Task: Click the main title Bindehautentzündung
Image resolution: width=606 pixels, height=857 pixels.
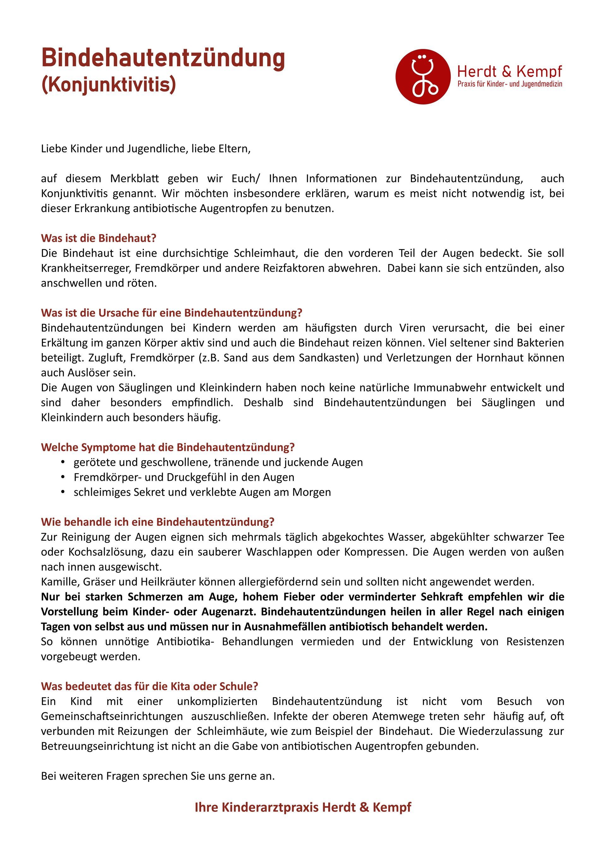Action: [163, 59]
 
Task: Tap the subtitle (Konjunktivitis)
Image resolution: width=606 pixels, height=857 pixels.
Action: [108, 85]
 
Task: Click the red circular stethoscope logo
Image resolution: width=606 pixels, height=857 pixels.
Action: [423, 76]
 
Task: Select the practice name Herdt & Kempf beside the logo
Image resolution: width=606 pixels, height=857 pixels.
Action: [509, 71]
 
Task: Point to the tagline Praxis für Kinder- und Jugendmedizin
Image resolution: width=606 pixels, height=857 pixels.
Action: [509, 84]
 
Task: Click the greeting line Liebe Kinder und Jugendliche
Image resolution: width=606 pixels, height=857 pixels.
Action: [146, 149]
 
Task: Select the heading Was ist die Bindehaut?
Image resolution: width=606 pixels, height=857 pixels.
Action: [98, 238]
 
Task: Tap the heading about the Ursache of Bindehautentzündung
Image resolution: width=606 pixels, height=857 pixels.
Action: [171, 312]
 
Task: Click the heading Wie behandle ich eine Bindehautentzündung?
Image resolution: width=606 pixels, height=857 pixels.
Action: [157, 521]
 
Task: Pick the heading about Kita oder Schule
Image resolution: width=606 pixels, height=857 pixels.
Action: [149, 686]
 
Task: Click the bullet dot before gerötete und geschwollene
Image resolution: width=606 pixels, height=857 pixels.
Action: [63, 462]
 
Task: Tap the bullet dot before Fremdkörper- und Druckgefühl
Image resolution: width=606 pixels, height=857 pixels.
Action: [63, 477]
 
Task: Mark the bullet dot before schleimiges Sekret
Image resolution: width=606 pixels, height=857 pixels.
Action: [63, 492]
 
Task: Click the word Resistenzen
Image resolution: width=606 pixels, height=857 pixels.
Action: [535, 641]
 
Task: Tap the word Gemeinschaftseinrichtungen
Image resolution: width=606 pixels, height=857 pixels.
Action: [111, 716]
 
